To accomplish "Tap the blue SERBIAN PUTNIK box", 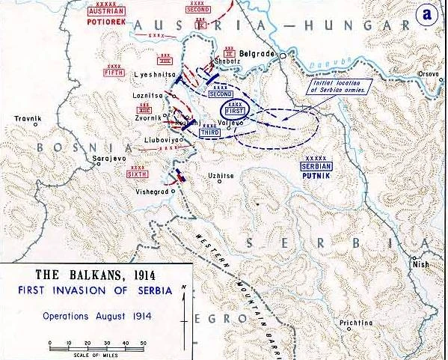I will pyautogui.click(x=316, y=168).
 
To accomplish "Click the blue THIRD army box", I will pyautogui.click(x=210, y=132).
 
